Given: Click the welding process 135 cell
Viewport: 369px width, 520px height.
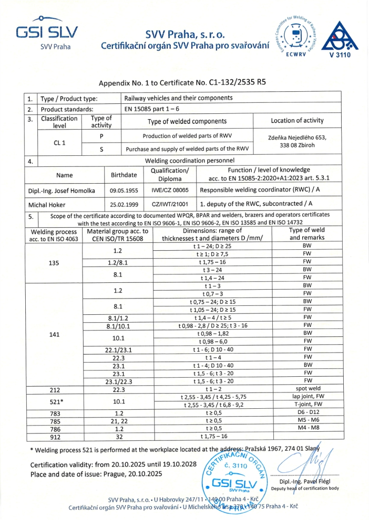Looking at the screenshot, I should tap(54, 264).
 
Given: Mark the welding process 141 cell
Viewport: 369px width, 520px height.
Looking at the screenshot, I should tap(54, 334).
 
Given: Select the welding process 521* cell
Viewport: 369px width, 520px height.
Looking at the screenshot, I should tap(54, 401).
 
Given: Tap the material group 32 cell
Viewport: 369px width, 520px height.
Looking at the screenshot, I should tap(119, 437).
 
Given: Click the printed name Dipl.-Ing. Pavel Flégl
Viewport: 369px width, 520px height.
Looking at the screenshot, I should tap(306, 482).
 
